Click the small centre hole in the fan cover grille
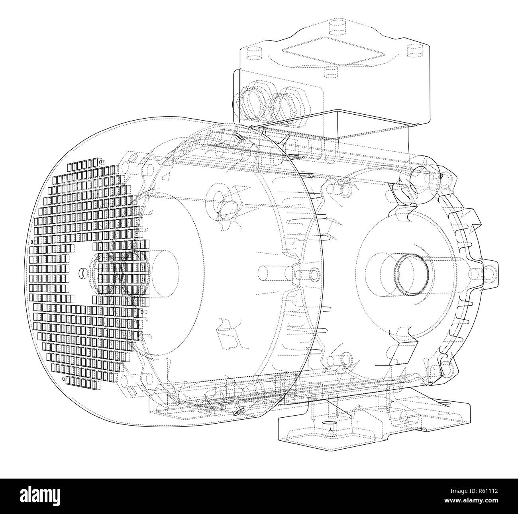[x=82, y=273]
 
